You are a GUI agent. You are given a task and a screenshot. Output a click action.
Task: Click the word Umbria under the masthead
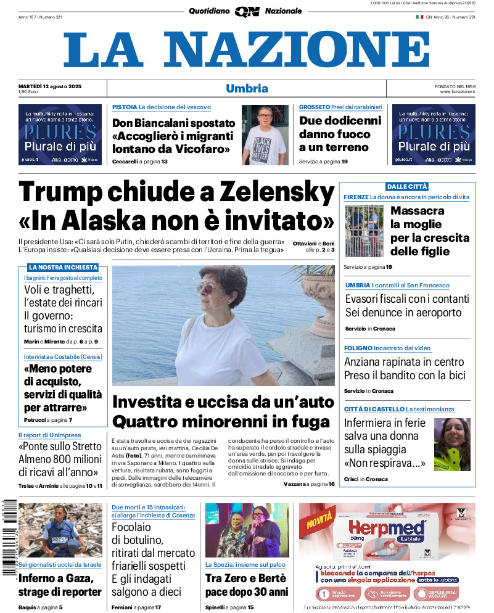[x=247, y=88]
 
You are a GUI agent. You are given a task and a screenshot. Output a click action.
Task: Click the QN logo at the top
[x=247, y=11]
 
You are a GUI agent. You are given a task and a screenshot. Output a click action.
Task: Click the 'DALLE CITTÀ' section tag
[x=406, y=186]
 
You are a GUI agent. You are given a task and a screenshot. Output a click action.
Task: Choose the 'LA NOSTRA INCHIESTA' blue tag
[x=63, y=267]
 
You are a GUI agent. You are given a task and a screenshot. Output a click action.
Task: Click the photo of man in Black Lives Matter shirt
[x=265, y=134]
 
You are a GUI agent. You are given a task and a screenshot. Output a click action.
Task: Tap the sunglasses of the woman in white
[x=208, y=289]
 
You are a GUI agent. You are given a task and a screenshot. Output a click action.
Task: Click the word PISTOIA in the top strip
[x=125, y=107]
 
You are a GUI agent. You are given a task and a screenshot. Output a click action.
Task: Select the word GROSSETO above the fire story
[x=315, y=107]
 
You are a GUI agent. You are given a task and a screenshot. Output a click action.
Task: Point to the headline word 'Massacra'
[x=418, y=211]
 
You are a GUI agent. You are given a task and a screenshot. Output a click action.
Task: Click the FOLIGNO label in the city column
[x=358, y=348]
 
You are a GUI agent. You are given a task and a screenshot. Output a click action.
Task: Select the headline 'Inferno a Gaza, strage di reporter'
[x=60, y=585]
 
